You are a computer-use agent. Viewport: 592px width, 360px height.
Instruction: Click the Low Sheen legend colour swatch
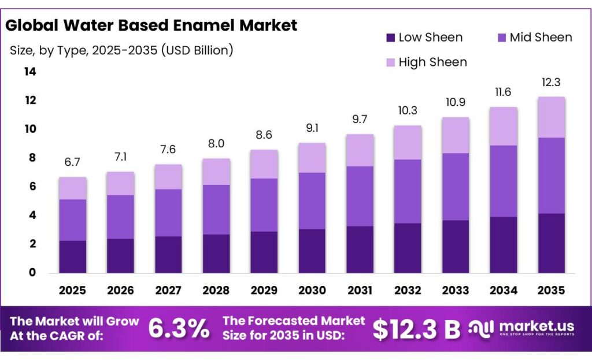click(x=390, y=38)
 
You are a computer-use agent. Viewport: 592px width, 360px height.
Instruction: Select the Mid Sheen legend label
click(x=541, y=38)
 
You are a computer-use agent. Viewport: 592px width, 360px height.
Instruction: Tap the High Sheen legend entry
click(x=432, y=62)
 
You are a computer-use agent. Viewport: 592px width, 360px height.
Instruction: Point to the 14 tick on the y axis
click(x=29, y=72)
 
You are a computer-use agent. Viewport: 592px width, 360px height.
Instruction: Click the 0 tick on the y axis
click(x=32, y=273)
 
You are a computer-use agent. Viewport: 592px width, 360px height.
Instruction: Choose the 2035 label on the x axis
click(x=551, y=290)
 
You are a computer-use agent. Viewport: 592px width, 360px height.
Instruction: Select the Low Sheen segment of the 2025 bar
click(x=72, y=257)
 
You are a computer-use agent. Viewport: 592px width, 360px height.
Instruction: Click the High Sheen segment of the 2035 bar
click(x=551, y=117)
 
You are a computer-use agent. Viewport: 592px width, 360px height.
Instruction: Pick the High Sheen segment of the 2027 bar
click(x=169, y=177)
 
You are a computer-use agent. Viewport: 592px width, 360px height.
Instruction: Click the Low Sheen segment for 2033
click(x=455, y=246)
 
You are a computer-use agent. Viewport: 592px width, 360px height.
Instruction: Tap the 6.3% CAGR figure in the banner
click(x=179, y=328)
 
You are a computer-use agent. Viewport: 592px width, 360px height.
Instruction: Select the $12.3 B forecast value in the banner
click(x=416, y=329)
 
